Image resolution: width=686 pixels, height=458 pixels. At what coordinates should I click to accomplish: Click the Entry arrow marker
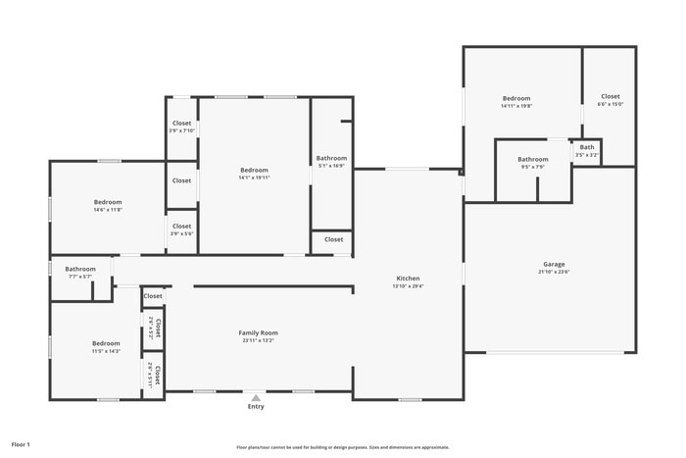coord(256,398)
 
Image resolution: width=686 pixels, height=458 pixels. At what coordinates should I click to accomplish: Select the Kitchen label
coord(408,278)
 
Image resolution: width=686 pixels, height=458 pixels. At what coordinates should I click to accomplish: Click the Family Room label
coord(259,332)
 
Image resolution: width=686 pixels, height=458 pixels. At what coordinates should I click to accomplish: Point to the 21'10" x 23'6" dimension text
coord(554,272)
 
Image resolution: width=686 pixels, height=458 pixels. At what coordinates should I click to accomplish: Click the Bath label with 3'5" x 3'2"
coord(587,147)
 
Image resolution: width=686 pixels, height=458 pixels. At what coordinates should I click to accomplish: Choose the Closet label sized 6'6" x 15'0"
coord(611,96)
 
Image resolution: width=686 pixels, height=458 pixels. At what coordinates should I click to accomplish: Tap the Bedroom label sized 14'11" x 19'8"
coord(516,98)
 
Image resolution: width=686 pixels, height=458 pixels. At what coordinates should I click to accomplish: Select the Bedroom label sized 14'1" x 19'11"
coord(254,170)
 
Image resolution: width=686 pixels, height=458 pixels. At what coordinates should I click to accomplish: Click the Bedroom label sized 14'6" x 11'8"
coord(108,202)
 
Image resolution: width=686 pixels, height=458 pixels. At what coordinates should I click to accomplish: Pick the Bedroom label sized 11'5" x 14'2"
coord(106,343)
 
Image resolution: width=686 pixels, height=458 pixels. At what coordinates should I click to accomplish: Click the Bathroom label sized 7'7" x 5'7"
coord(80,269)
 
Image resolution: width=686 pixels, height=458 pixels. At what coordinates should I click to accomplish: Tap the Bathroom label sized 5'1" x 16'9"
coord(331,158)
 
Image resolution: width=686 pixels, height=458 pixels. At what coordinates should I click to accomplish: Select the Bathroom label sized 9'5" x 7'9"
coord(533,159)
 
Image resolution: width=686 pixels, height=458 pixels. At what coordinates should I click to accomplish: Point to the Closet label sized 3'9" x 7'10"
coord(182,124)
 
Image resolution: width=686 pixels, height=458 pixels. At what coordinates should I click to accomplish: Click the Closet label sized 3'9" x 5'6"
coord(182,226)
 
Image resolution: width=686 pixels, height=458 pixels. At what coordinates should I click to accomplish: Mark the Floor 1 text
coord(21,444)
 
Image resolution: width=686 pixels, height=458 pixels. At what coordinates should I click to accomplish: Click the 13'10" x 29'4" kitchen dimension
coord(408,285)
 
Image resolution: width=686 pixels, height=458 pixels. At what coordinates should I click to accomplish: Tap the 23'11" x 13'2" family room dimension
coord(259,340)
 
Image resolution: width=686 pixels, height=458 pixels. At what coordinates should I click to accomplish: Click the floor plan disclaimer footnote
coord(342,446)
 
